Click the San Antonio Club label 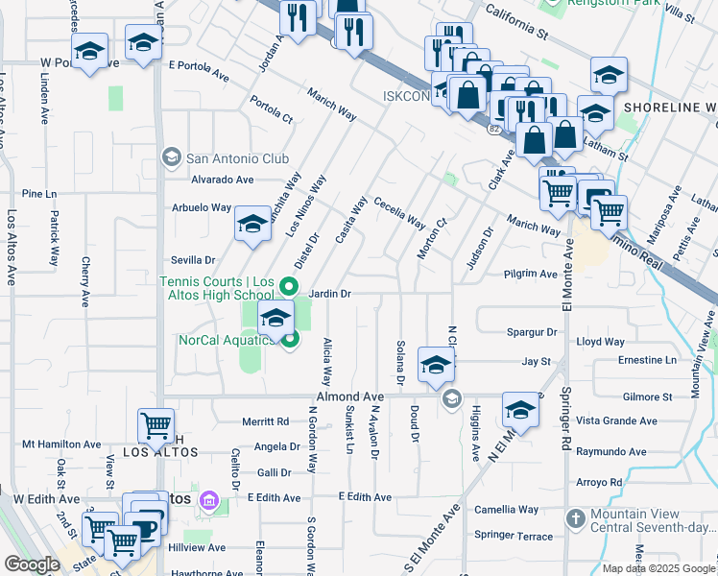[x=237, y=158]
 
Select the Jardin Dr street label [x=330, y=293]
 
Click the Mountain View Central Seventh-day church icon [x=575, y=518]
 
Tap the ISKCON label [x=405, y=96]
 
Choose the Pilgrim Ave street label [x=531, y=274]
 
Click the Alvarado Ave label [x=222, y=180]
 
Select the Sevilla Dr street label [x=192, y=260]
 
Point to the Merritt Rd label [x=266, y=421]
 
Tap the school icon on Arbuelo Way [x=252, y=225]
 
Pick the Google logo [x=32, y=564]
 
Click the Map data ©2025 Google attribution [x=658, y=568]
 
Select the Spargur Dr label [x=532, y=332]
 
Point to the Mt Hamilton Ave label [x=61, y=444]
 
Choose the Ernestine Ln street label [x=647, y=360]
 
